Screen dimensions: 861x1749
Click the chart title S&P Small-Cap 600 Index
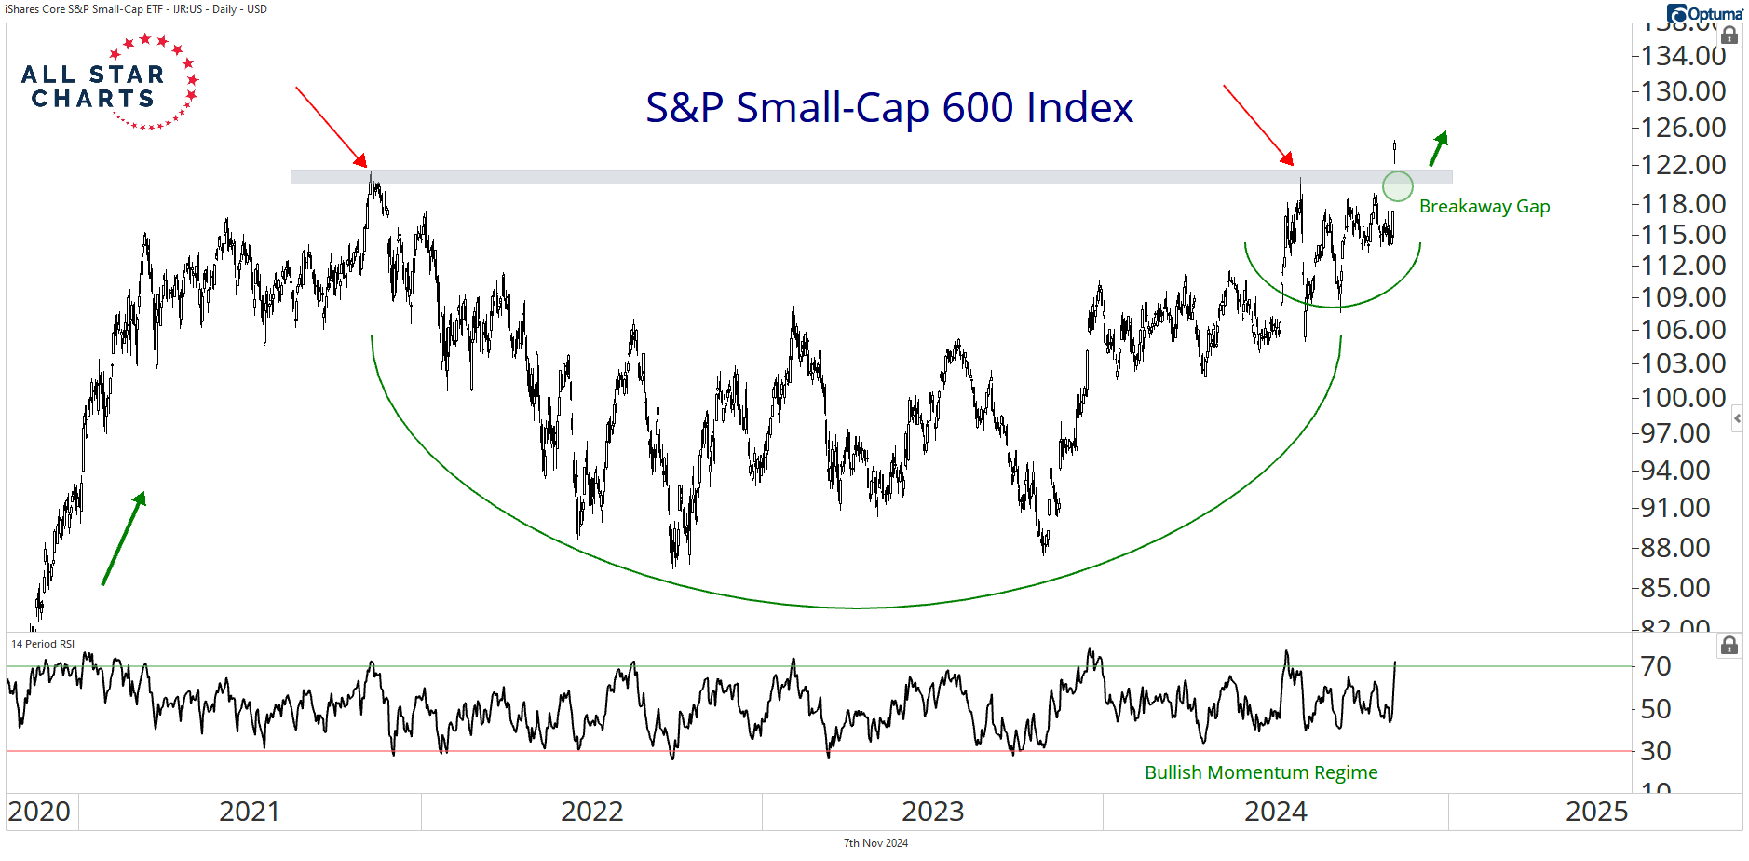tap(889, 108)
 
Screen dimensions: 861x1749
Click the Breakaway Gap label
tap(1484, 207)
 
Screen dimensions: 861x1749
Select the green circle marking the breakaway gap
tap(1397, 186)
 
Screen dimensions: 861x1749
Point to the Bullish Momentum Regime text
tap(1260, 772)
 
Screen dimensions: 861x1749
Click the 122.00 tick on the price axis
tap(1683, 165)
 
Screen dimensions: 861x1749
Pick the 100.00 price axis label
tap(1683, 398)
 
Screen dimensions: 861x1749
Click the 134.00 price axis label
tap(1683, 56)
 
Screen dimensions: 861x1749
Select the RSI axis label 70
tap(1656, 666)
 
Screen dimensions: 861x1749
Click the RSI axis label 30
tap(1656, 751)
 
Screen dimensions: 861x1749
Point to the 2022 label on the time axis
tap(591, 812)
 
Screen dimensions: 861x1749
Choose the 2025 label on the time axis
tap(1596, 812)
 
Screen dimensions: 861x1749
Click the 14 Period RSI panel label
tap(43, 644)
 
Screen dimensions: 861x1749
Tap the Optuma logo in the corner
tap(1704, 14)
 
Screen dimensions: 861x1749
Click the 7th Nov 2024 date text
tap(875, 843)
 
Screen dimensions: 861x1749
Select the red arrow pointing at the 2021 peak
tap(331, 126)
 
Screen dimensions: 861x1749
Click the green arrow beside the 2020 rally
tap(124, 539)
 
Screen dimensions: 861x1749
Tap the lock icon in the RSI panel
tap(1729, 645)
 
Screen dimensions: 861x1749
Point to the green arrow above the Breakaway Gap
tap(1439, 148)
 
